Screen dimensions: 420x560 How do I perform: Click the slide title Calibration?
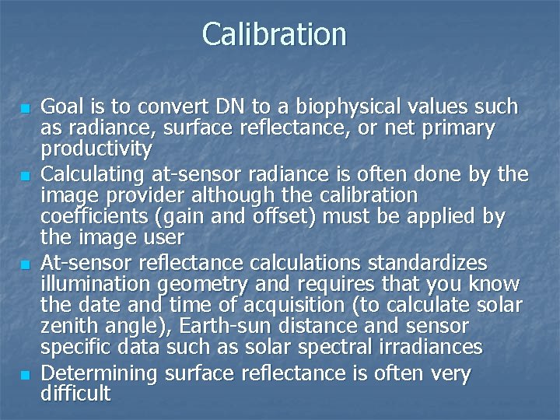274,34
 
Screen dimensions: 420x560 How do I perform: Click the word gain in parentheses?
185,215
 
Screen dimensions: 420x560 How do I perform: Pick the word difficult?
75,394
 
